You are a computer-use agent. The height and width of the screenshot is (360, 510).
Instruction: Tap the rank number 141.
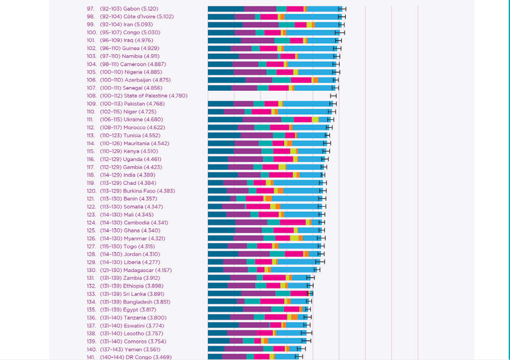click(91, 357)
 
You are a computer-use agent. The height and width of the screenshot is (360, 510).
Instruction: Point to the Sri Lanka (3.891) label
click(144, 294)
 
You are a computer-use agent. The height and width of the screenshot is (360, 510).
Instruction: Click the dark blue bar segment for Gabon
click(226, 9)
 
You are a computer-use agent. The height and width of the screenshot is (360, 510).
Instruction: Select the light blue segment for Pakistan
click(307, 103)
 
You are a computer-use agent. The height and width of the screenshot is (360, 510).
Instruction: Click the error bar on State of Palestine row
click(333, 95)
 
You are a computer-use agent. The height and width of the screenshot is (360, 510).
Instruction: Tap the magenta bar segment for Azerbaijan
click(301, 80)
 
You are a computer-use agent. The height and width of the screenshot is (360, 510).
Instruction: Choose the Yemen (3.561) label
click(142, 349)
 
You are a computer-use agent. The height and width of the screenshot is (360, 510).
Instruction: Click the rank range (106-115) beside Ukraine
click(110, 119)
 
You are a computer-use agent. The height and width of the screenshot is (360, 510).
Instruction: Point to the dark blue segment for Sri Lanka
click(224, 294)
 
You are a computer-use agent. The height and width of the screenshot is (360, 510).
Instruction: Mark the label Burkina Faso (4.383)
click(149, 190)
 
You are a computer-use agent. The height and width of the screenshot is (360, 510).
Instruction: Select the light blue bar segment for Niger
click(305, 111)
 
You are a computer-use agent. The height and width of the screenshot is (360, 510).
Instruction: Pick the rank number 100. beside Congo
click(91, 32)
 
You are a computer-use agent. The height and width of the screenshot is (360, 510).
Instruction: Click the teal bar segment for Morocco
click(262, 127)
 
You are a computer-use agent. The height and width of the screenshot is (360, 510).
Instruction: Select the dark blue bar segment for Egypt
click(225, 310)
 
